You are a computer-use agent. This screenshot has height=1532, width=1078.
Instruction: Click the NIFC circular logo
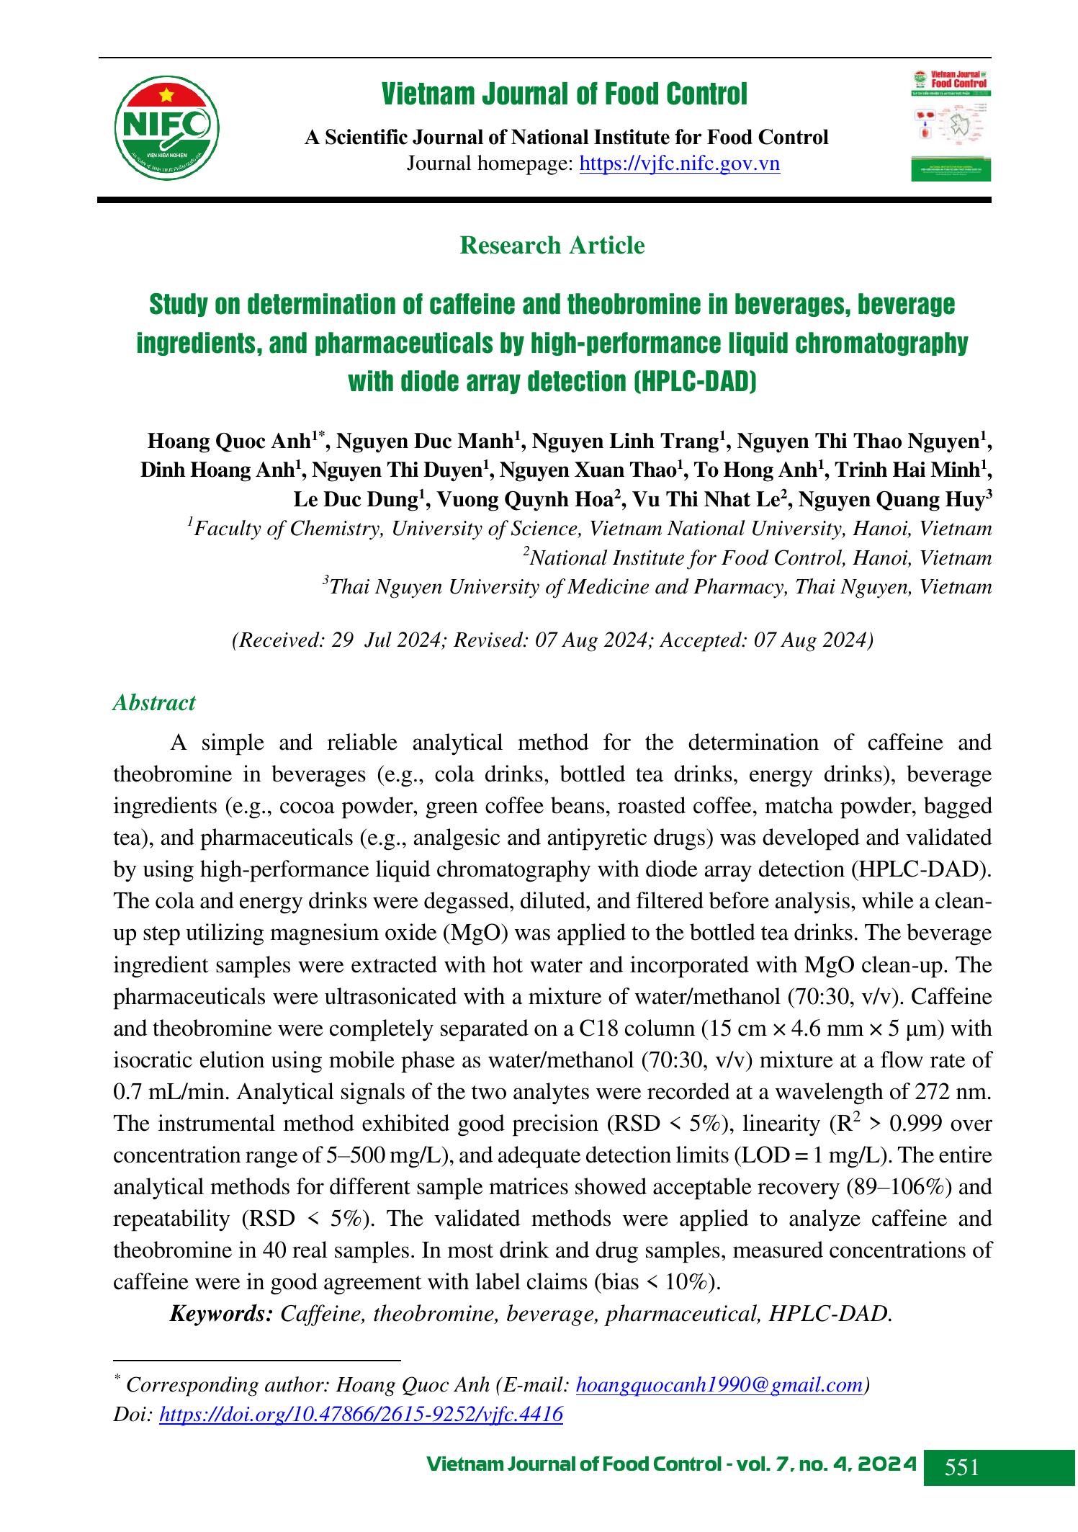coord(166,128)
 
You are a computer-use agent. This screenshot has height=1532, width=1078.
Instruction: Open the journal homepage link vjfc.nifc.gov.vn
coord(679,164)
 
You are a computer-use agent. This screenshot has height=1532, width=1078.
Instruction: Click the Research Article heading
coord(552,246)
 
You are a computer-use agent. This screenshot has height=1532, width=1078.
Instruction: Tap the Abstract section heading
coord(154,703)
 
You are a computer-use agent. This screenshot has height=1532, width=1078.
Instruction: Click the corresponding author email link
coord(719,1384)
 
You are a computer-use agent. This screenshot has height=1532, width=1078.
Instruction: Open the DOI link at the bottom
coord(361,1415)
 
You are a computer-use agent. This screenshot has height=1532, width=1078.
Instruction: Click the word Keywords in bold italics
coord(221,1314)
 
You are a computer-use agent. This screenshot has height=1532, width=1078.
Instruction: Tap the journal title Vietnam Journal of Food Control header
coord(565,94)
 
